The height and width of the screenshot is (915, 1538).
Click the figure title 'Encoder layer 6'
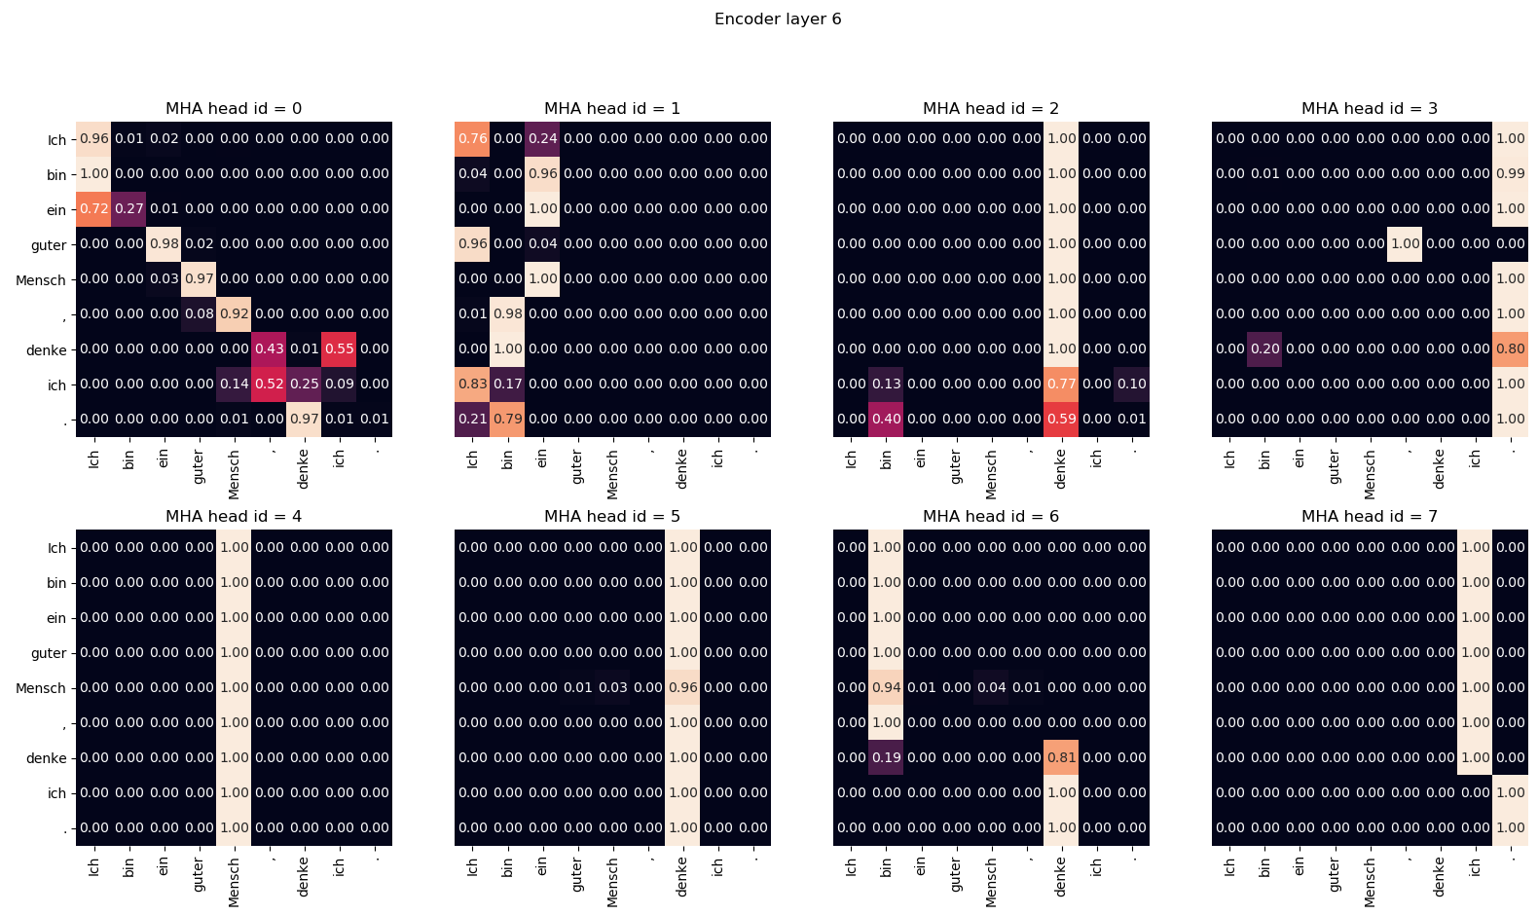777,19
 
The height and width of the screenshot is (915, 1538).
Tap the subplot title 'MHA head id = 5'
611,516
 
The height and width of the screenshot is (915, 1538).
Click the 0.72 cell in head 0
94,209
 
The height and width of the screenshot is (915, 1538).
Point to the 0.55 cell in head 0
340,349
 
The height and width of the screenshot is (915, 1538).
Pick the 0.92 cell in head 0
235,314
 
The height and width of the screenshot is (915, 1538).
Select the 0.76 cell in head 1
473,139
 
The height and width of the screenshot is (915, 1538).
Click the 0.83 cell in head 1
473,384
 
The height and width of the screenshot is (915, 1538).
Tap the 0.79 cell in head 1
508,420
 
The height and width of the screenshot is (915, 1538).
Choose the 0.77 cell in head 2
1062,384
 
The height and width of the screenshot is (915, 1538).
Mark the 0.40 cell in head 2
887,420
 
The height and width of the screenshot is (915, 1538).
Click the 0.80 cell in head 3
1511,349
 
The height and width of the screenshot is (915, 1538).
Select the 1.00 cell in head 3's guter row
1406,244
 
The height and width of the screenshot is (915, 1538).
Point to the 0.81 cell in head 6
1062,758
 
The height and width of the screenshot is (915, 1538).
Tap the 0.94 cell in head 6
887,688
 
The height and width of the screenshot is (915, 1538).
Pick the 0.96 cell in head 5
683,688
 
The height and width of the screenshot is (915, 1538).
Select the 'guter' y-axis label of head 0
49,245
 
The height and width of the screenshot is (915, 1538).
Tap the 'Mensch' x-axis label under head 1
612,474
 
